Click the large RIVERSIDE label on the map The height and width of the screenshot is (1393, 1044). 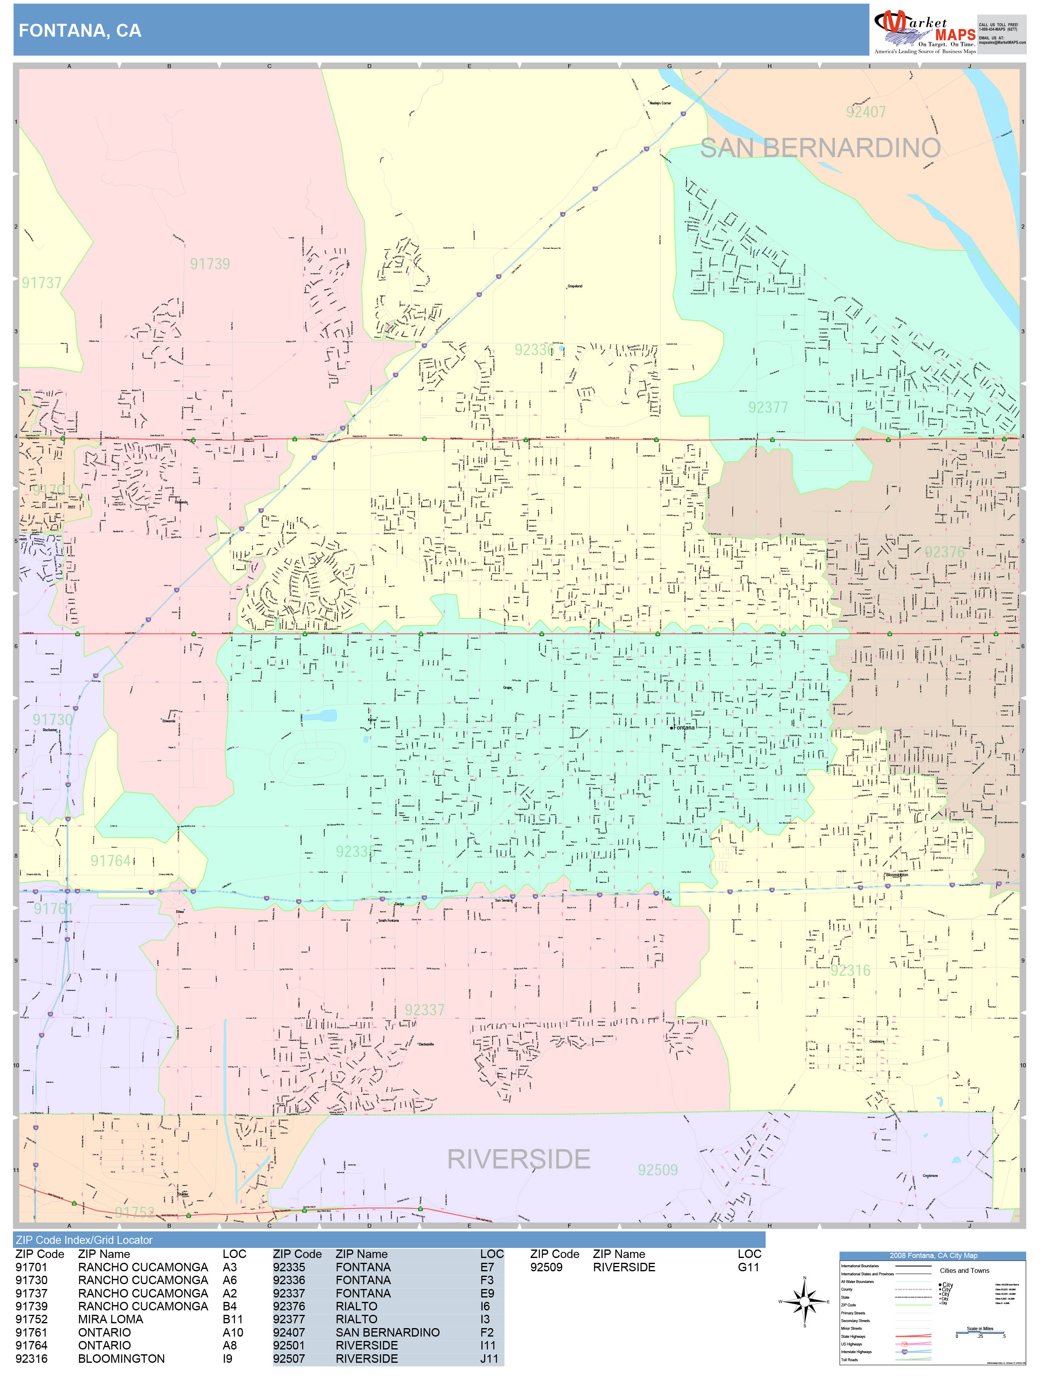(518, 1159)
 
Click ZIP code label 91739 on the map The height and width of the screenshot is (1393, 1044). (210, 264)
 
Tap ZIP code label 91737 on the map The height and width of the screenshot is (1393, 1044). (41, 283)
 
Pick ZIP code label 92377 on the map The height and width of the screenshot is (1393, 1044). (768, 408)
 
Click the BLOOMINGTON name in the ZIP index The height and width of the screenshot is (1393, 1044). (121, 1358)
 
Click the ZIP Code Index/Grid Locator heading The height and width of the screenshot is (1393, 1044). (84, 1240)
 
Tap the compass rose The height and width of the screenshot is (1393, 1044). (804, 1302)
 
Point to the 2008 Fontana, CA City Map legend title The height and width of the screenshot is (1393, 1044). (932, 1256)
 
